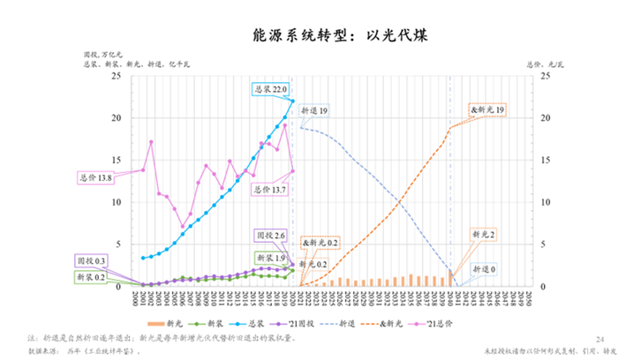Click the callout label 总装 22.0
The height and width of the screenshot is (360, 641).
click(x=270, y=90)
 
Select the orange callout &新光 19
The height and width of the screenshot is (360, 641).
click(x=488, y=109)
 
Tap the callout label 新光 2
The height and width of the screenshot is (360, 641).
click(x=484, y=236)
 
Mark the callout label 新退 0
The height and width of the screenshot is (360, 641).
click(x=484, y=268)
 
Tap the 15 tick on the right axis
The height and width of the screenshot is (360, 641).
click(x=543, y=160)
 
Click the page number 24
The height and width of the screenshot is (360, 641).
click(x=601, y=338)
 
